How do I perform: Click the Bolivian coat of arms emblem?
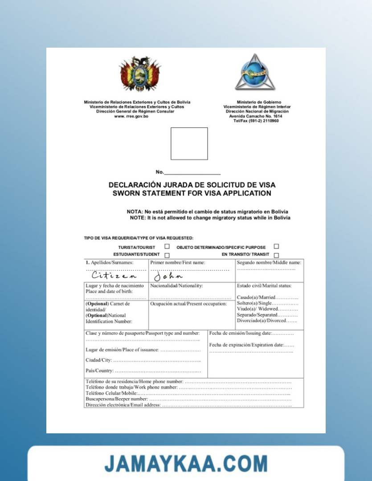[x=139, y=74]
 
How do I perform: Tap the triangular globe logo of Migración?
[x=255, y=72]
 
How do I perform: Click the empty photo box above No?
[x=189, y=143]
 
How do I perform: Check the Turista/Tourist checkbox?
[x=167, y=246]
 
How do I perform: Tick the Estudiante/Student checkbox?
[x=167, y=255]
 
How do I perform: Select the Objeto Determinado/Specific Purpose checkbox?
[x=276, y=246]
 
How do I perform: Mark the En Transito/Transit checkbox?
[x=276, y=255]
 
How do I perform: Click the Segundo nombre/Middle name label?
[x=269, y=263]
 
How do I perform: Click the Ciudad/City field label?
[x=98, y=360]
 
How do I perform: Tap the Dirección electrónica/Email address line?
[x=123, y=405]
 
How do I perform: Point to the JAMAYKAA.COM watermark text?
[x=186, y=464]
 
